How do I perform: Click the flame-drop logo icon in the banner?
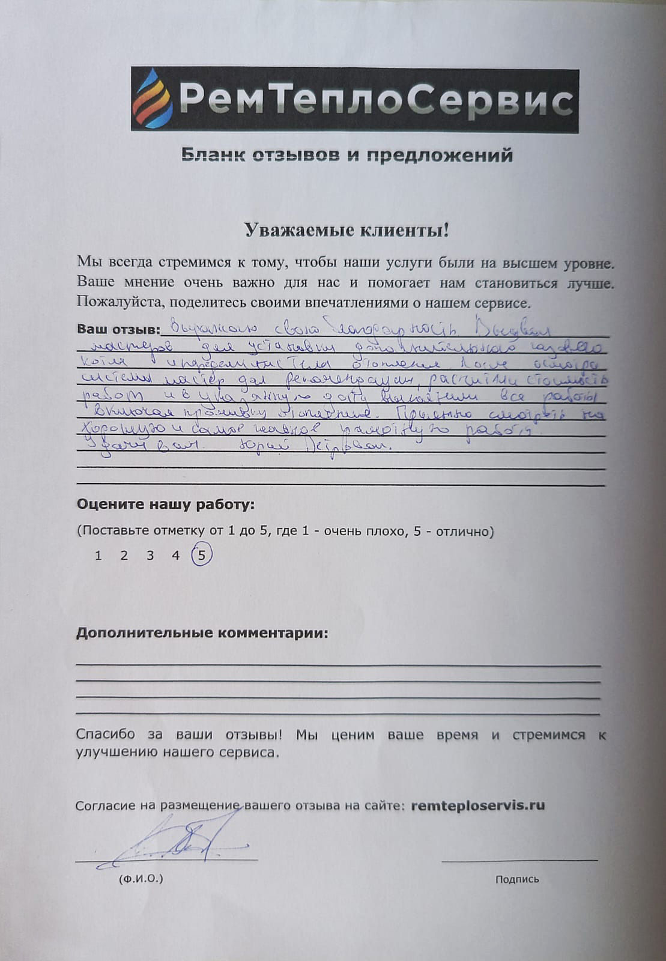click(x=153, y=100)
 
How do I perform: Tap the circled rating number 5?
click(x=202, y=555)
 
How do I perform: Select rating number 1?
click(x=98, y=556)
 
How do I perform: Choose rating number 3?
click(x=150, y=556)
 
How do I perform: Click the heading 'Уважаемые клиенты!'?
click(x=347, y=231)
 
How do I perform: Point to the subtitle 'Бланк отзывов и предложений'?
click(x=347, y=156)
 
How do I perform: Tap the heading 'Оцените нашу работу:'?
click(x=165, y=505)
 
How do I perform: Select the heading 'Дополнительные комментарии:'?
click(x=202, y=633)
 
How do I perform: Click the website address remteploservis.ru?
click(x=478, y=805)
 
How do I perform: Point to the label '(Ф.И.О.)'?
click(x=141, y=879)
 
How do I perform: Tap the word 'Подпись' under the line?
click(x=517, y=879)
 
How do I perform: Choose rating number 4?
click(x=176, y=556)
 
